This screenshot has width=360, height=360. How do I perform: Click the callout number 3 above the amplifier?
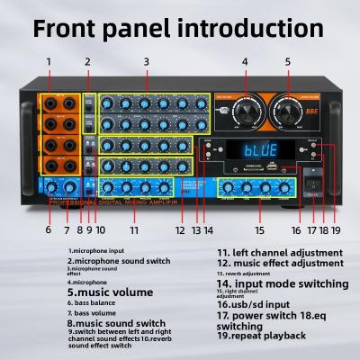pos(146,62)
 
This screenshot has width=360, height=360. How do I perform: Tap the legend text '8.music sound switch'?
pos(116,322)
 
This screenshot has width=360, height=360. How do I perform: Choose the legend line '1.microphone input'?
pos(95,251)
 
